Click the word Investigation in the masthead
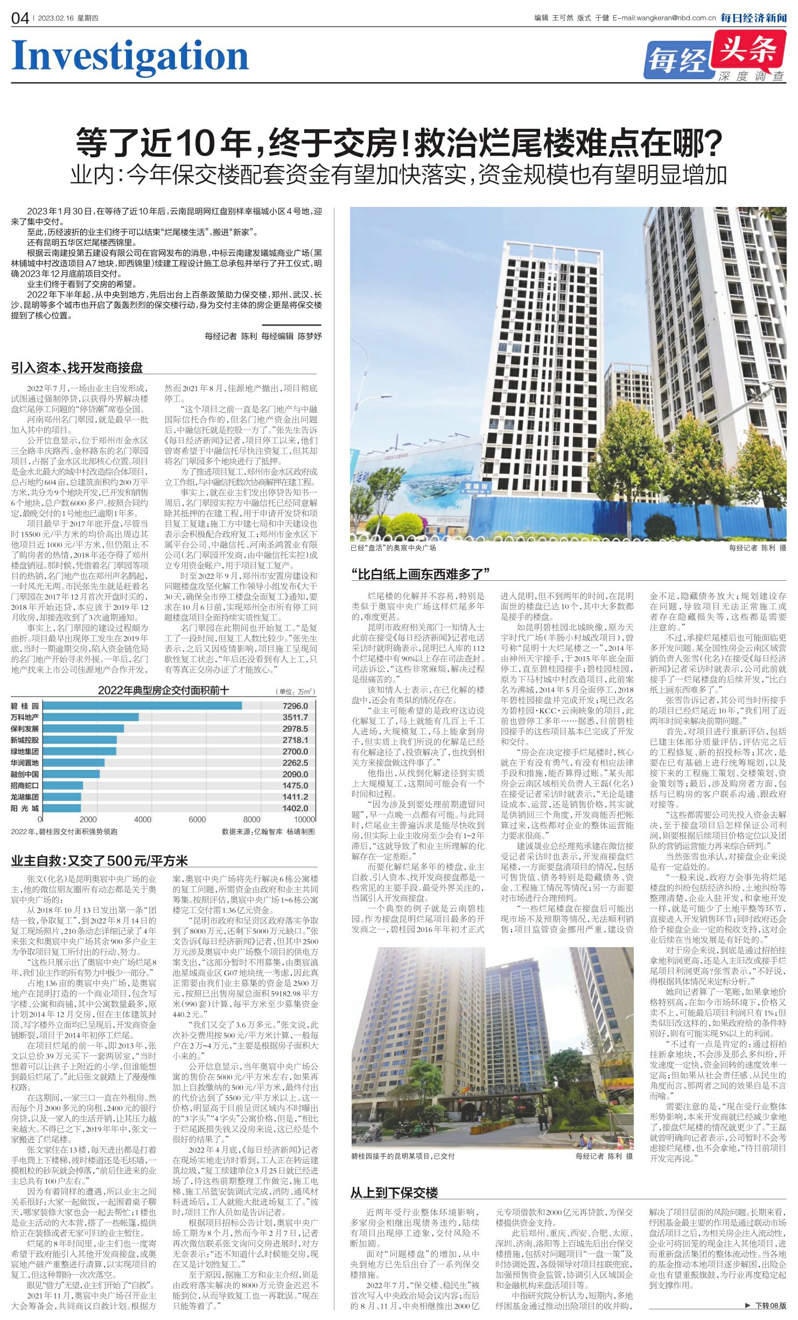(x=130, y=56)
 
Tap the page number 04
(x=20, y=18)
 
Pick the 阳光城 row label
(x=25, y=808)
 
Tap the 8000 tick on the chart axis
(x=251, y=819)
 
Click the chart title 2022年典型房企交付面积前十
(x=163, y=691)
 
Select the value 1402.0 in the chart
(x=295, y=808)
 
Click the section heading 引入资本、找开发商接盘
(x=77, y=368)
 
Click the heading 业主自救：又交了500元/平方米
(x=100, y=860)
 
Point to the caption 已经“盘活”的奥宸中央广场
(x=393, y=548)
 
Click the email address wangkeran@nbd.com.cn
(x=676, y=18)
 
